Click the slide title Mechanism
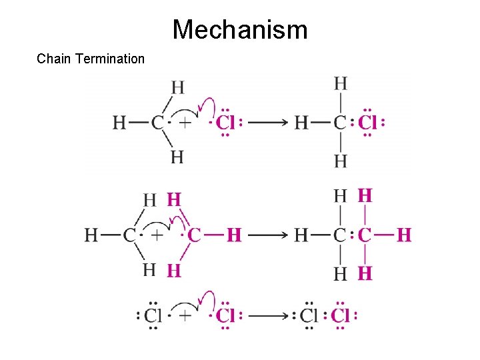coord(240,30)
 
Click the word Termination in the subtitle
coord(110,59)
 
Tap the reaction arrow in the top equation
coord(267,123)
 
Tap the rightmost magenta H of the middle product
coord(405,235)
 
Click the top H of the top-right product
coord(340,84)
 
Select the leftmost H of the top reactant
coord(120,123)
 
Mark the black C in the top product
coord(340,123)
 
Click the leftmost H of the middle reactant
coord(92,235)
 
